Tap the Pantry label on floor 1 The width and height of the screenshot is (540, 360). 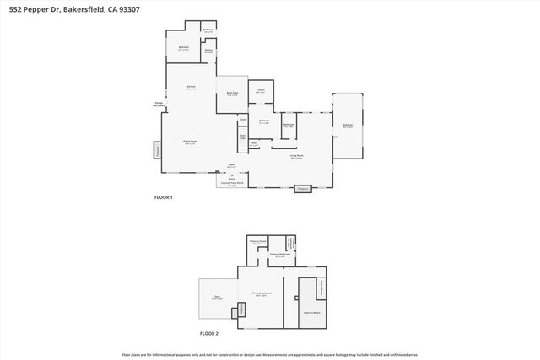[208, 51]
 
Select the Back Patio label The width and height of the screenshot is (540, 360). [232, 94]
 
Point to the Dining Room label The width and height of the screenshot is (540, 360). [191, 142]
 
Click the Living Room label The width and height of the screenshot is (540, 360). [297, 157]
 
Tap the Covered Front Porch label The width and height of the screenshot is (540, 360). [232, 184]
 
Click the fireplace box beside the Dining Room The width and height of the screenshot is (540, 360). [157, 150]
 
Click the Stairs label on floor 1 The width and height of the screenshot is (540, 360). [243, 136]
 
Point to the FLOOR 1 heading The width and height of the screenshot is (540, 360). [162, 197]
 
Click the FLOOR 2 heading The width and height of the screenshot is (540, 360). [208, 334]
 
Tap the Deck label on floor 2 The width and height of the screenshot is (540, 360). [216, 298]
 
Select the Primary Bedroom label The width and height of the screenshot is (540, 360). [261, 294]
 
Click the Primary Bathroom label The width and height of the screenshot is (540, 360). [280, 255]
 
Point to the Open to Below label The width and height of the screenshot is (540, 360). [311, 311]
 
